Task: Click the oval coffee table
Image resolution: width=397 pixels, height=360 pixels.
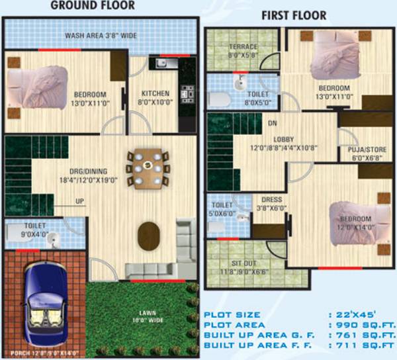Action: click(149, 235)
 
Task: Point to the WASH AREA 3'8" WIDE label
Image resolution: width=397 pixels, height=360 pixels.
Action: click(101, 36)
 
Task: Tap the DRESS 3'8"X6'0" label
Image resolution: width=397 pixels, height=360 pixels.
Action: click(272, 202)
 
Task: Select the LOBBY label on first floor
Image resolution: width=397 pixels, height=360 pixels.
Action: click(287, 144)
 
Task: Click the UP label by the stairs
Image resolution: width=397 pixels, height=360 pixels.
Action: click(79, 201)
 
